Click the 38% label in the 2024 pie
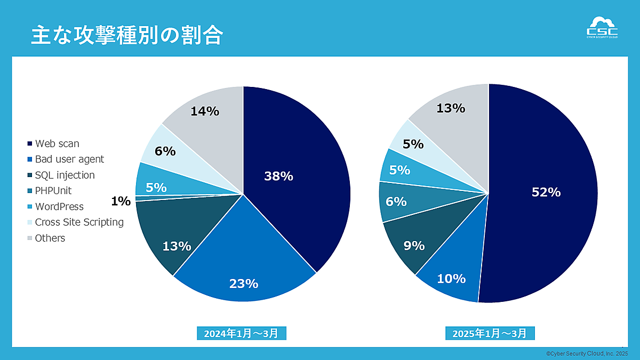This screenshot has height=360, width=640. [278, 176]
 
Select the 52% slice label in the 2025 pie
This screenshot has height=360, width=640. [546, 193]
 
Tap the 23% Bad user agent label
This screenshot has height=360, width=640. [243, 284]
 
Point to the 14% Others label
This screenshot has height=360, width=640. [205, 111]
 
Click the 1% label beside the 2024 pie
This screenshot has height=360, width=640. [121, 201]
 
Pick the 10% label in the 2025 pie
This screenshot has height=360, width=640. [451, 278]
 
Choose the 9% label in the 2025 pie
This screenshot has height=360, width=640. [414, 246]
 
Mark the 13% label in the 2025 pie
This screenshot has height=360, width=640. [451, 108]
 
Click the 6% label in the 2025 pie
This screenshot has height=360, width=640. [396, 202]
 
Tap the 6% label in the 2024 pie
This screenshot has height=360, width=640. [165, 151]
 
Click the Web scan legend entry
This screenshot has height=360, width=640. [57, 143]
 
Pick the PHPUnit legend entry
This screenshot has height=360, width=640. [53, 190]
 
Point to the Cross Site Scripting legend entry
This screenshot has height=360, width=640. [79, 222]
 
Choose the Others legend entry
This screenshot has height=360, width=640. [50, 238]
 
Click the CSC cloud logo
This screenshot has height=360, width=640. [602, 28]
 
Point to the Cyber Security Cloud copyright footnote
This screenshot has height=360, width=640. [587, 354]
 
